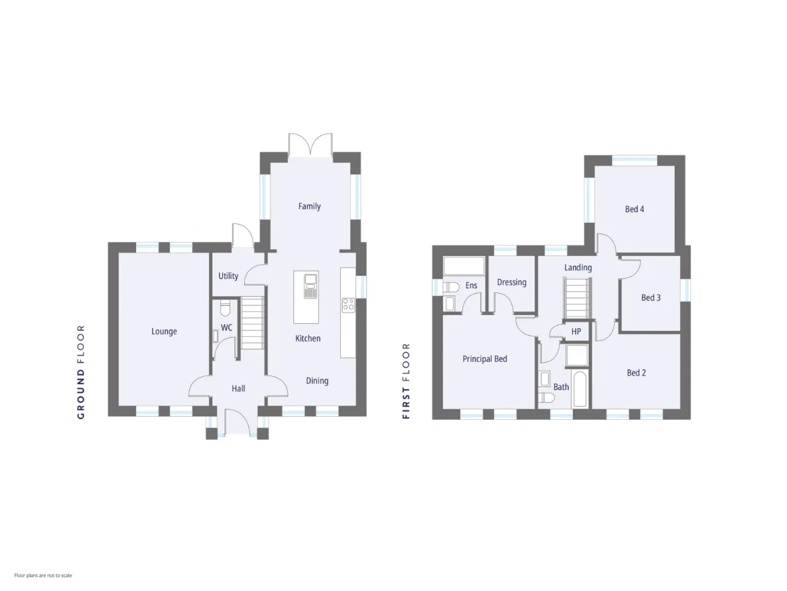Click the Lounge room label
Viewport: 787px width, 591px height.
coord(164,331)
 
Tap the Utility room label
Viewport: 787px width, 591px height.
coord(228,276)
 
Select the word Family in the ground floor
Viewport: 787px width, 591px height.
coord(309,206)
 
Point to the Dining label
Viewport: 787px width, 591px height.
coord(317,380)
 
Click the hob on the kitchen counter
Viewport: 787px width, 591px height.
coord(348,305)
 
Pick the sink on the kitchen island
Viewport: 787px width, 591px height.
coord(310,286)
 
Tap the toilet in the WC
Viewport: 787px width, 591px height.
coord(225,308)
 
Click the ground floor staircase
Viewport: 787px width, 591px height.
coord(253,323)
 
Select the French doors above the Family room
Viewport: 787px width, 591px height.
coord(310,145)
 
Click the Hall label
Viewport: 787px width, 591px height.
coord(238,388)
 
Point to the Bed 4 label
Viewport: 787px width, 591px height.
coord(635,209)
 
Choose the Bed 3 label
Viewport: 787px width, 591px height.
coord(651,297)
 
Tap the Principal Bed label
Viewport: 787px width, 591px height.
coord(484,358)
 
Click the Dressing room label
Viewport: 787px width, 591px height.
coord(512,282)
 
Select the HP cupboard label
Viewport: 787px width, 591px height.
coord(576,331)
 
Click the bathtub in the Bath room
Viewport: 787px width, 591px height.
coord(580,389)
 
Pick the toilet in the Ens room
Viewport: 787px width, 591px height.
coord(451,287)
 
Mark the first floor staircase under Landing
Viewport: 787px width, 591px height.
coord(577,298)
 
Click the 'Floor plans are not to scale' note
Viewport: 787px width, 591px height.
coord(43,575)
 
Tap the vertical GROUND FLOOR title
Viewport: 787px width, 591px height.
coord(81,372)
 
